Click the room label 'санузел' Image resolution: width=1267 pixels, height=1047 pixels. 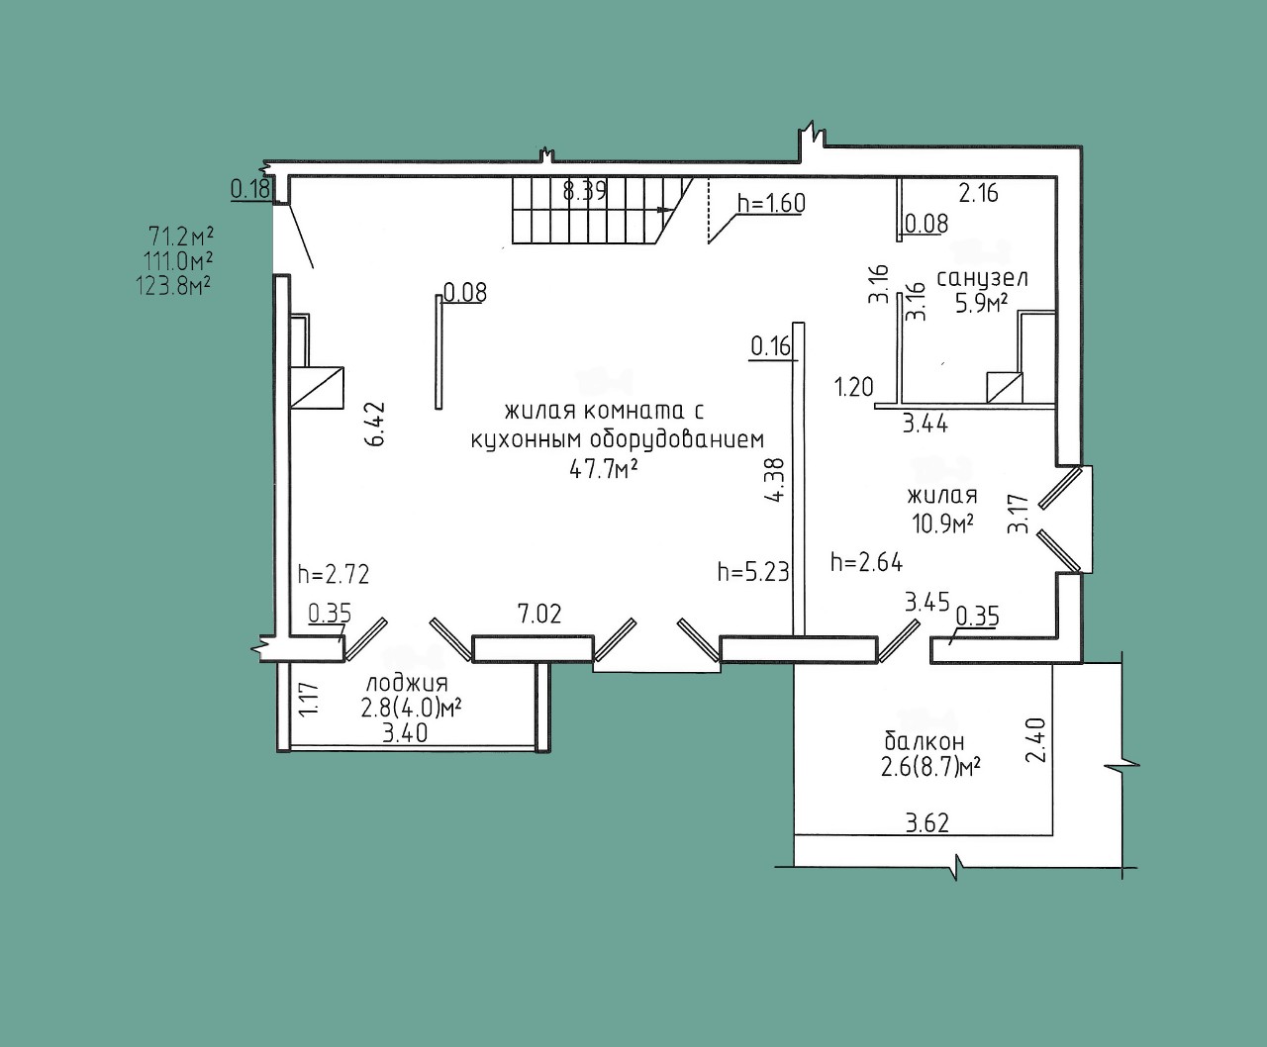click(982, 278)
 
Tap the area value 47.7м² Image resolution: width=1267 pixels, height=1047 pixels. click(603, 469)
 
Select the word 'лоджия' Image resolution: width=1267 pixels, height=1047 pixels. click(407, 684)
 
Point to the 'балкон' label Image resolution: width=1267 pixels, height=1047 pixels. click(925, 741)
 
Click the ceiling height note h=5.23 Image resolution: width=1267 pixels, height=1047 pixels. click(753, 571)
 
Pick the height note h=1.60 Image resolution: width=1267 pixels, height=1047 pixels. click(771, 203)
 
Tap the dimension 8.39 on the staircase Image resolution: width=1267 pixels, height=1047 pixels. click(584, 192)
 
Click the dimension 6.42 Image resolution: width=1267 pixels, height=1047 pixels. click(375, 424)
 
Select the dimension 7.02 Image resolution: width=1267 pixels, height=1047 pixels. click(539, 614)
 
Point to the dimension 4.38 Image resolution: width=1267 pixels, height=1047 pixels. click(775, 479)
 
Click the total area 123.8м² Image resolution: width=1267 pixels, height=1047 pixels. click(173, 285)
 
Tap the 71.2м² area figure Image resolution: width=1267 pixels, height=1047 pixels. click(181, 236)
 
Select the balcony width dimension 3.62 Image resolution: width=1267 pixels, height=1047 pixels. click(927, 823)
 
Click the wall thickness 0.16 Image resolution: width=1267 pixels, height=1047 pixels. click(771, 346)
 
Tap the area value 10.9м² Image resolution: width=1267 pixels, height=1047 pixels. click(943, 523)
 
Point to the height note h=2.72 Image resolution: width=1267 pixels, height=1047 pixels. click(334, 574)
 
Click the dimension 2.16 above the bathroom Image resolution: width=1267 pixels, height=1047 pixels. click(979, 193)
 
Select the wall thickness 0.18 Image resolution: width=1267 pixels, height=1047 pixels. click(250, 189)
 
